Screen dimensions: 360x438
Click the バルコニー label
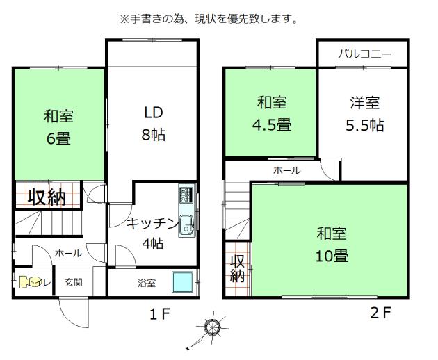tap(364, 54)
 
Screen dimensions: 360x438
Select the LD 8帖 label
tap(154, 123)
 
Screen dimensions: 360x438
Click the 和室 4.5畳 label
tap(272, 114)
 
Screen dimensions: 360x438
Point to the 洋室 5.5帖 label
tap(364, 114)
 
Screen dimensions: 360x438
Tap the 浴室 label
tap(146, 283)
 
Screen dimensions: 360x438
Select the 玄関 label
tap(74, 283)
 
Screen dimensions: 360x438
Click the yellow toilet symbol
tap(30, 282)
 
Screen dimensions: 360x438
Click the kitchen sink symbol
tap(186, 224)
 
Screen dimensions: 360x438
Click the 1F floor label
tap(159, 313)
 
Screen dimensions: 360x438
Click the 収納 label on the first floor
tap(47, 197)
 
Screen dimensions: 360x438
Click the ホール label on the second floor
tap(286, 170)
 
